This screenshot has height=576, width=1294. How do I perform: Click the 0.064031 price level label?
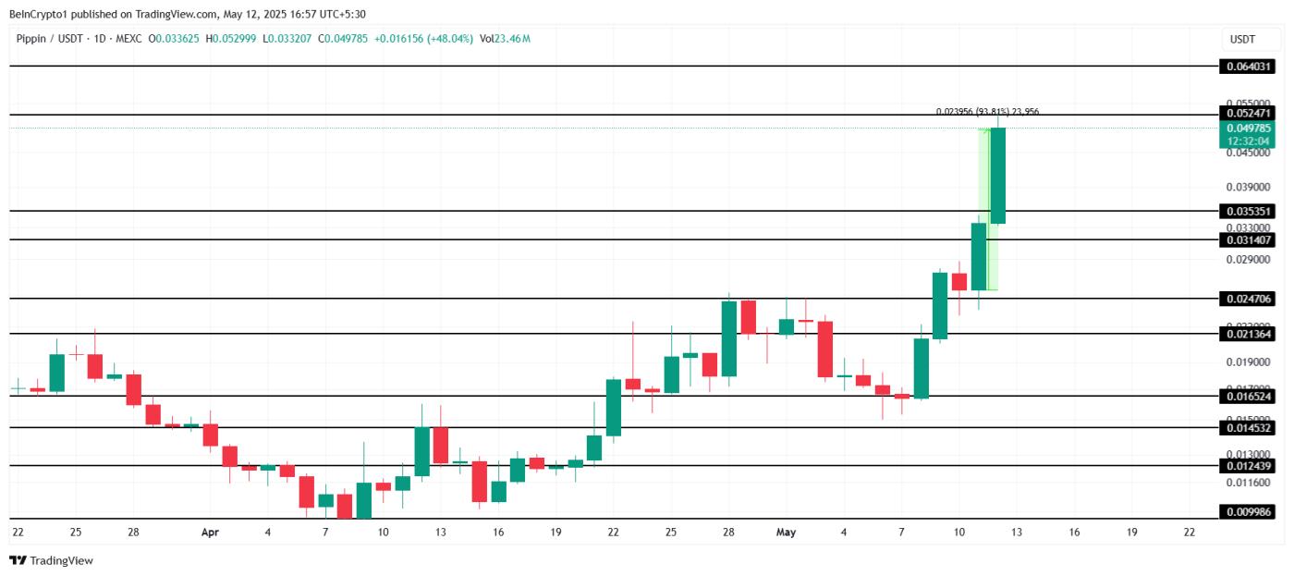tap(1248, 67)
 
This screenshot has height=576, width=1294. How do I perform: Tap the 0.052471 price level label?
tap(1248, 113)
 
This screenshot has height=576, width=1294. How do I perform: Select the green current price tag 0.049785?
tap(1248, 128)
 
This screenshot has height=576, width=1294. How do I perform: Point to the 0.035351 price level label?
tap(1248, 211)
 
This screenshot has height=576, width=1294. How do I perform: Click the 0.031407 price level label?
tap(1248, 239)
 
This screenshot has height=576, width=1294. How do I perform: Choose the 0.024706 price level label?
tap(1248, 299)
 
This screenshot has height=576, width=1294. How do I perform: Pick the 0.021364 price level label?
tap(1248, 334)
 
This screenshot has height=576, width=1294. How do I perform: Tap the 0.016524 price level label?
tap(1248, 396)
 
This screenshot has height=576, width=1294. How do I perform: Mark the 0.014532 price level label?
tap(1248, 427)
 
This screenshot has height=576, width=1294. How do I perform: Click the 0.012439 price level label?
tap(1248, 466)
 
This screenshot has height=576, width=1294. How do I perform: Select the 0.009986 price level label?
tap(1248, 511)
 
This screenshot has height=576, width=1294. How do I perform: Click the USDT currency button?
tap(1242, 39)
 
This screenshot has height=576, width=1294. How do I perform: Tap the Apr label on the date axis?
tap(210, 533)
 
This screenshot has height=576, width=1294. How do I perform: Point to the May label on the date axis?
tap(786, 533)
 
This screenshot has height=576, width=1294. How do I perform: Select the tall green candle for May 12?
tap(998, 176)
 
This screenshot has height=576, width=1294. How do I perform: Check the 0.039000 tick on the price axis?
tap(1247, 187)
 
